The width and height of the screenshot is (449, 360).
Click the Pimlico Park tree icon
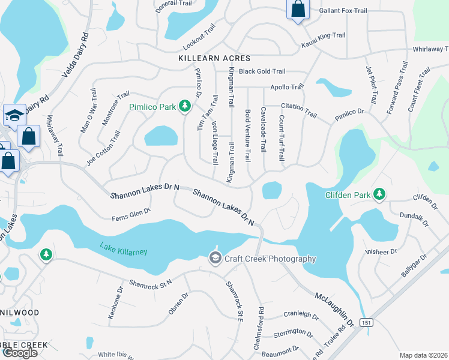coord(185,107)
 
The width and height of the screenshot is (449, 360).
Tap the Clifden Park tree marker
coord(379,194)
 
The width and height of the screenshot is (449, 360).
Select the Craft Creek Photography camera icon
coord(215,258)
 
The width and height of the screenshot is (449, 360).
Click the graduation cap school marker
coord(13,114)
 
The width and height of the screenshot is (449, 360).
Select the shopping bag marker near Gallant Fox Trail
coord(297,10)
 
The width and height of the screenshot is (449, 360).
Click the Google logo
coord(20,353)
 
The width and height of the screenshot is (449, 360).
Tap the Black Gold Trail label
coord(262,71)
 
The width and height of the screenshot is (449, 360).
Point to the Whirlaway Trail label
coord(430,50)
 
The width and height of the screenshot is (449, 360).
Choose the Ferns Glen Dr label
coord(130,215)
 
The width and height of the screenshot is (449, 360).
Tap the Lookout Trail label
coord(199,38)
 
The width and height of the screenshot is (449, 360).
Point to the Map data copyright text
coord(423,355)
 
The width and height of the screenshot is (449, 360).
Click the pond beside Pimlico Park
coord(161,136)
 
